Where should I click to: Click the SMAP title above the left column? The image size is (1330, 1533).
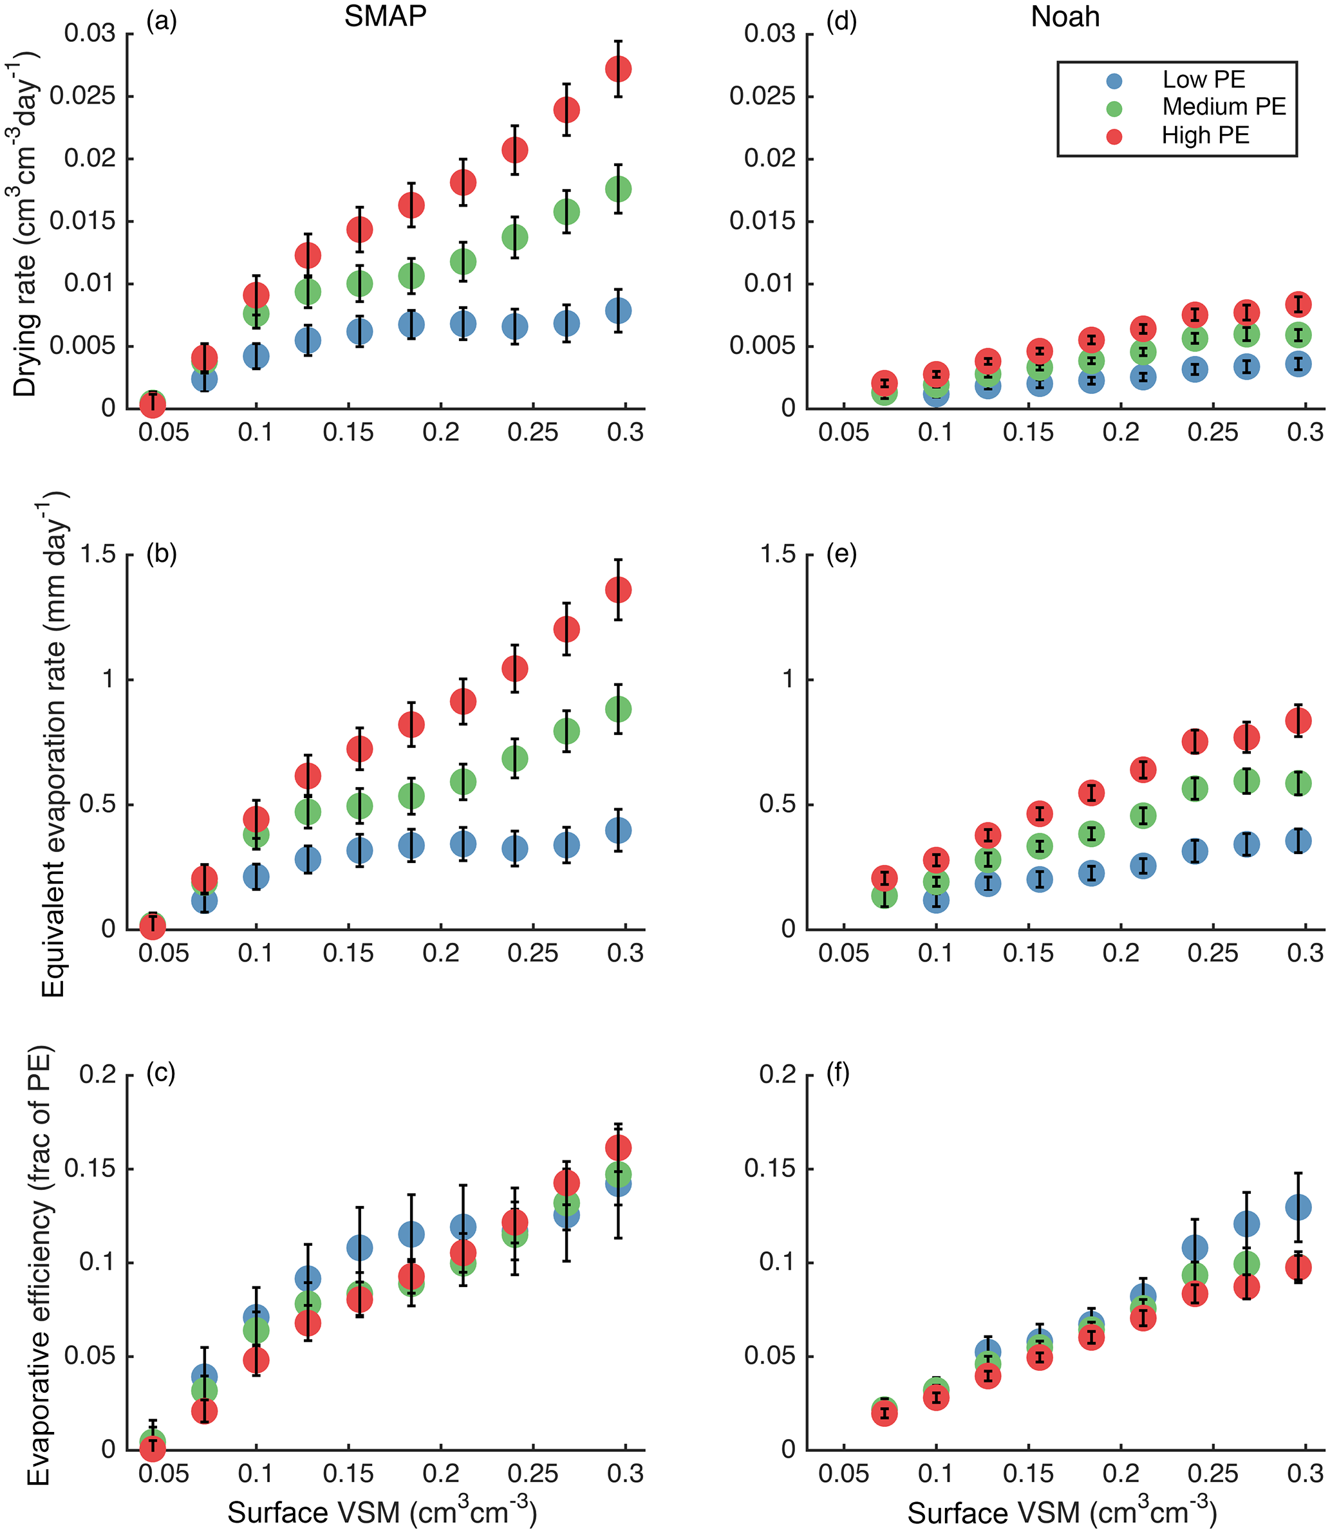tap(385, 16)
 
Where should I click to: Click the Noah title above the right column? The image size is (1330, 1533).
tap(1065, 16)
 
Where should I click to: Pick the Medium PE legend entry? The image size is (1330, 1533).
tap(1222, 107)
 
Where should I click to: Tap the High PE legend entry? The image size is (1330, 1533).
tap(1204, 136)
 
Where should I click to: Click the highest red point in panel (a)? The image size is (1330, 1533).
tap(618, 69)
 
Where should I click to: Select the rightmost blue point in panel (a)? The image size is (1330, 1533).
tap(618, 310)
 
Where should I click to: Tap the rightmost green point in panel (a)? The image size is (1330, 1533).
tap(618, 189)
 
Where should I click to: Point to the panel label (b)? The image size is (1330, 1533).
tap(162, 554)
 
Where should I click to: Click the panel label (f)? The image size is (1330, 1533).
tap(838, 1073)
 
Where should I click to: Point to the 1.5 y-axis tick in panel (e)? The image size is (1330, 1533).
tap(778, 554)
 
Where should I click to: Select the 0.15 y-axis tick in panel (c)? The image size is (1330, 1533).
tap(91, 1169)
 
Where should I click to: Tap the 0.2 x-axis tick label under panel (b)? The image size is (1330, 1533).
tap(441, 954)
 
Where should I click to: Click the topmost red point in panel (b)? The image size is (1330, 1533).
tap(618, 591)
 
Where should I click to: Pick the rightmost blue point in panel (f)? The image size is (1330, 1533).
tap(1298, 1208)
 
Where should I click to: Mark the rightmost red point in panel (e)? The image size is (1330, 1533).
tap(1298, 720)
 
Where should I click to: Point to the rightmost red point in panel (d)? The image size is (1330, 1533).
tap(1298, 304)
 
